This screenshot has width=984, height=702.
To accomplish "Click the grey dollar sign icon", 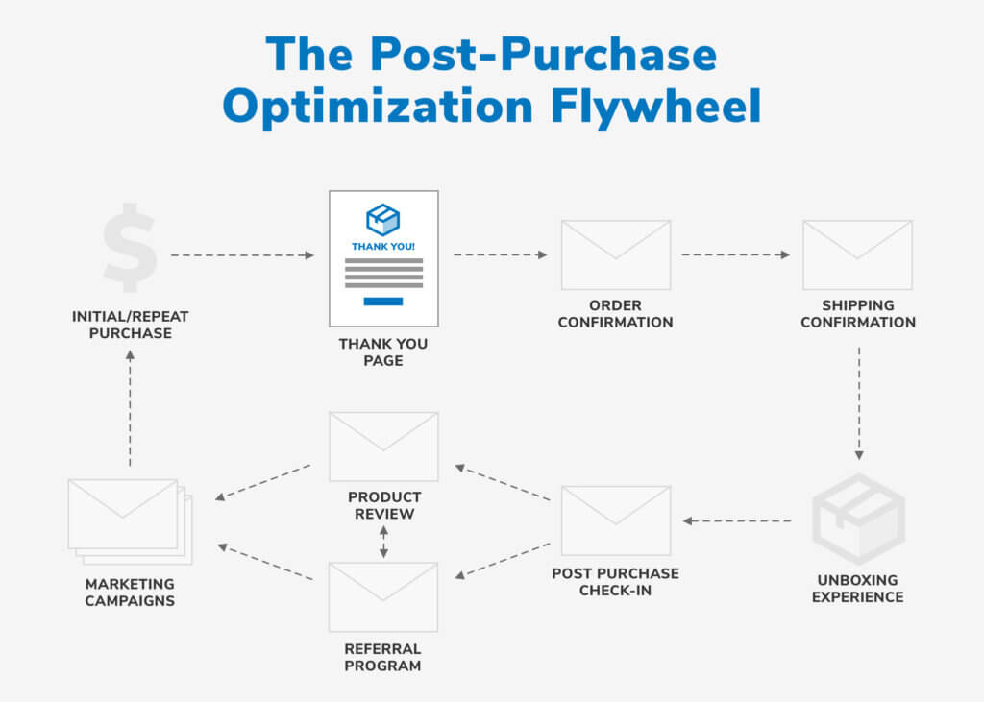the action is click(130, 247).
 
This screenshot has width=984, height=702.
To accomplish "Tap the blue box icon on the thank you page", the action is click(382, 220).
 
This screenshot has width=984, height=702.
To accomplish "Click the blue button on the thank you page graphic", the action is click(383, 302).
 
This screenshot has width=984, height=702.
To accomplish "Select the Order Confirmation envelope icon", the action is click(616, 254).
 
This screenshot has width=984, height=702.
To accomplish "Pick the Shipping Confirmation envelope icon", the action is click(857, 254).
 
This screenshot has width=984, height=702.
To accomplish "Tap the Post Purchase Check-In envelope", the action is click(616, 520).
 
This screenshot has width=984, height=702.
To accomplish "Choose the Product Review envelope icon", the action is click(383, 447).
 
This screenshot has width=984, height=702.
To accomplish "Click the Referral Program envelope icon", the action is click(382, 596).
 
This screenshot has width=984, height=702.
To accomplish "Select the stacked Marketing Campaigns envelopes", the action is click(130, 521).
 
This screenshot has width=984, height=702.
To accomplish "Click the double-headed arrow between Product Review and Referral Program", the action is click(383, 542).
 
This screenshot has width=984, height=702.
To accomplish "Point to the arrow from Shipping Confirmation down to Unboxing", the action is click(859, 403).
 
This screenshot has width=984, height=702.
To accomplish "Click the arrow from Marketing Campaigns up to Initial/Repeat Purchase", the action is click(130, 408).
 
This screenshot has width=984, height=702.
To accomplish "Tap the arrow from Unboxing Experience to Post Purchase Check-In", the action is click(737, 520).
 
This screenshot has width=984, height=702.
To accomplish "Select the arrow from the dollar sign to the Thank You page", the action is click(242, 255).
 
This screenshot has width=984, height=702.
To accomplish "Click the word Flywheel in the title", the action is click(655, 107).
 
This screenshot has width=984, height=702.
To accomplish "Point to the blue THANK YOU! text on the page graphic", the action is click(382, 247).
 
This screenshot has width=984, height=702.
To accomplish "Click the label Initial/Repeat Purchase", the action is click(130, 325).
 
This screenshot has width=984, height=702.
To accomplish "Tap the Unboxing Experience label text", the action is click(858, 589).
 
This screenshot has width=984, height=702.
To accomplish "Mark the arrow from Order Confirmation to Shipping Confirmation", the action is click(735, 254).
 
